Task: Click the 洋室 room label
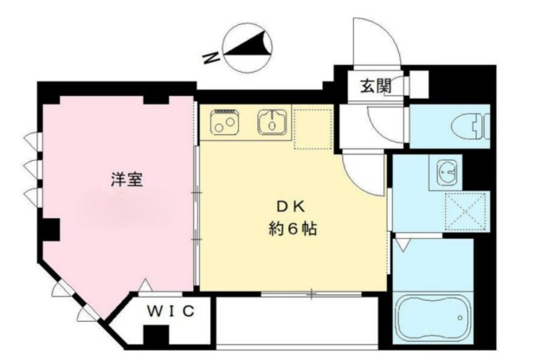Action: tap(126, 180)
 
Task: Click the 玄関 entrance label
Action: tap(376, 86)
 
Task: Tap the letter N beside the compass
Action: tap(207, 59)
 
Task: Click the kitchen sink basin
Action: tap(272, 123)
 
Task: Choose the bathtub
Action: tap(431, 319)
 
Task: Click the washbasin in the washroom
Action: tap(446, 172)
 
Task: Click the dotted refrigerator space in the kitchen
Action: tap(312, 128)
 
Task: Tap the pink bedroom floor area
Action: tap(113, 225)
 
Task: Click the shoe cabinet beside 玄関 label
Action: tap(415, 86)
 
